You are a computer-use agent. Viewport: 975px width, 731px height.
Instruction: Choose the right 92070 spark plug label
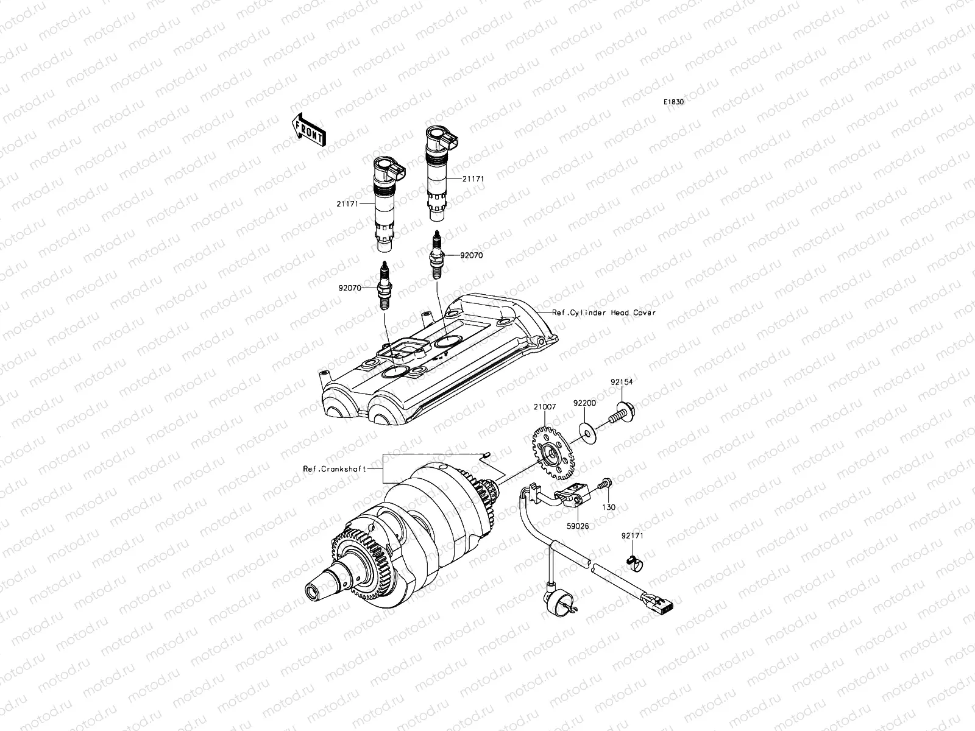471,256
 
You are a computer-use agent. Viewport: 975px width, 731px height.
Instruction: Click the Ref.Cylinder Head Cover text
603,313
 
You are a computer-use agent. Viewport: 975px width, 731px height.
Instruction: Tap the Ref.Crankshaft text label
343,468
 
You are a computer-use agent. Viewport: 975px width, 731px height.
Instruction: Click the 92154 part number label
622,382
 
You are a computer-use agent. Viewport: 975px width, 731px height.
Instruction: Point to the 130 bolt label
609,507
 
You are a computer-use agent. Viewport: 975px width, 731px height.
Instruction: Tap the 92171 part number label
633,536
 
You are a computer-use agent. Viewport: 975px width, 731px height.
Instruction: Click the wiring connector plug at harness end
663,604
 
